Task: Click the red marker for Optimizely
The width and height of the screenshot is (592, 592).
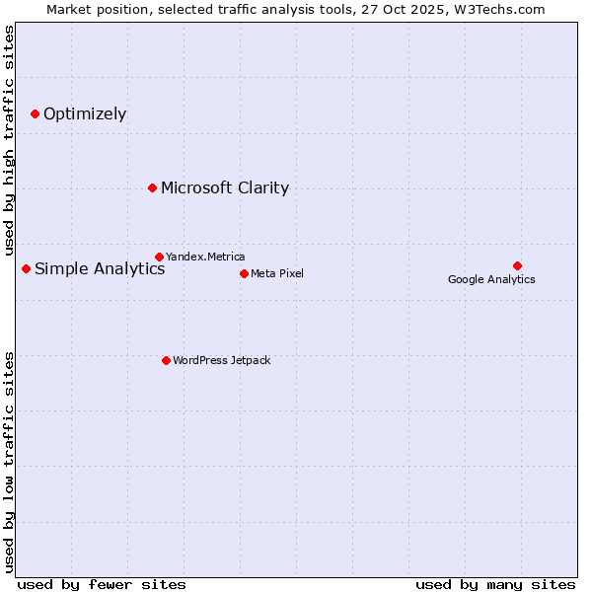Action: [35, 114]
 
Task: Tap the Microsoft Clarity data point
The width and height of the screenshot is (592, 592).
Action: [152, 187]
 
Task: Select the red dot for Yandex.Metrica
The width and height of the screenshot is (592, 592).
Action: [159, 257]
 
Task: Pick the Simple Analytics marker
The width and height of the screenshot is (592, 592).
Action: [26, 268]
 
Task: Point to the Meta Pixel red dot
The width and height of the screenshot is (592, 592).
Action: [244, 273]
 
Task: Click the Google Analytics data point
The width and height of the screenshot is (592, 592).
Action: [517, 265]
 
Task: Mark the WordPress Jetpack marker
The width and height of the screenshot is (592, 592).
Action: [166, 360]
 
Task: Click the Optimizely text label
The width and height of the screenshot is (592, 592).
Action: [85, 114]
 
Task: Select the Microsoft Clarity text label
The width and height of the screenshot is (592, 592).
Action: [225, 188]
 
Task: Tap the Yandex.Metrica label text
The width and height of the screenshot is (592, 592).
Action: [205, 257]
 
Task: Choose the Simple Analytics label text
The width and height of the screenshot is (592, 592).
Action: [100, 269]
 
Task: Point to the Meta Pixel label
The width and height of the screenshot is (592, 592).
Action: [277, 273]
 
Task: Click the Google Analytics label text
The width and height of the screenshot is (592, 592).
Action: [491, 279]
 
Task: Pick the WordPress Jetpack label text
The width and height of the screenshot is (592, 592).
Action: [221, 360]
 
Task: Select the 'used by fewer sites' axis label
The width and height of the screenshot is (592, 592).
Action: [102, 584]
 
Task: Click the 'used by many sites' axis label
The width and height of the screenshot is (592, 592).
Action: [495, 584]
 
